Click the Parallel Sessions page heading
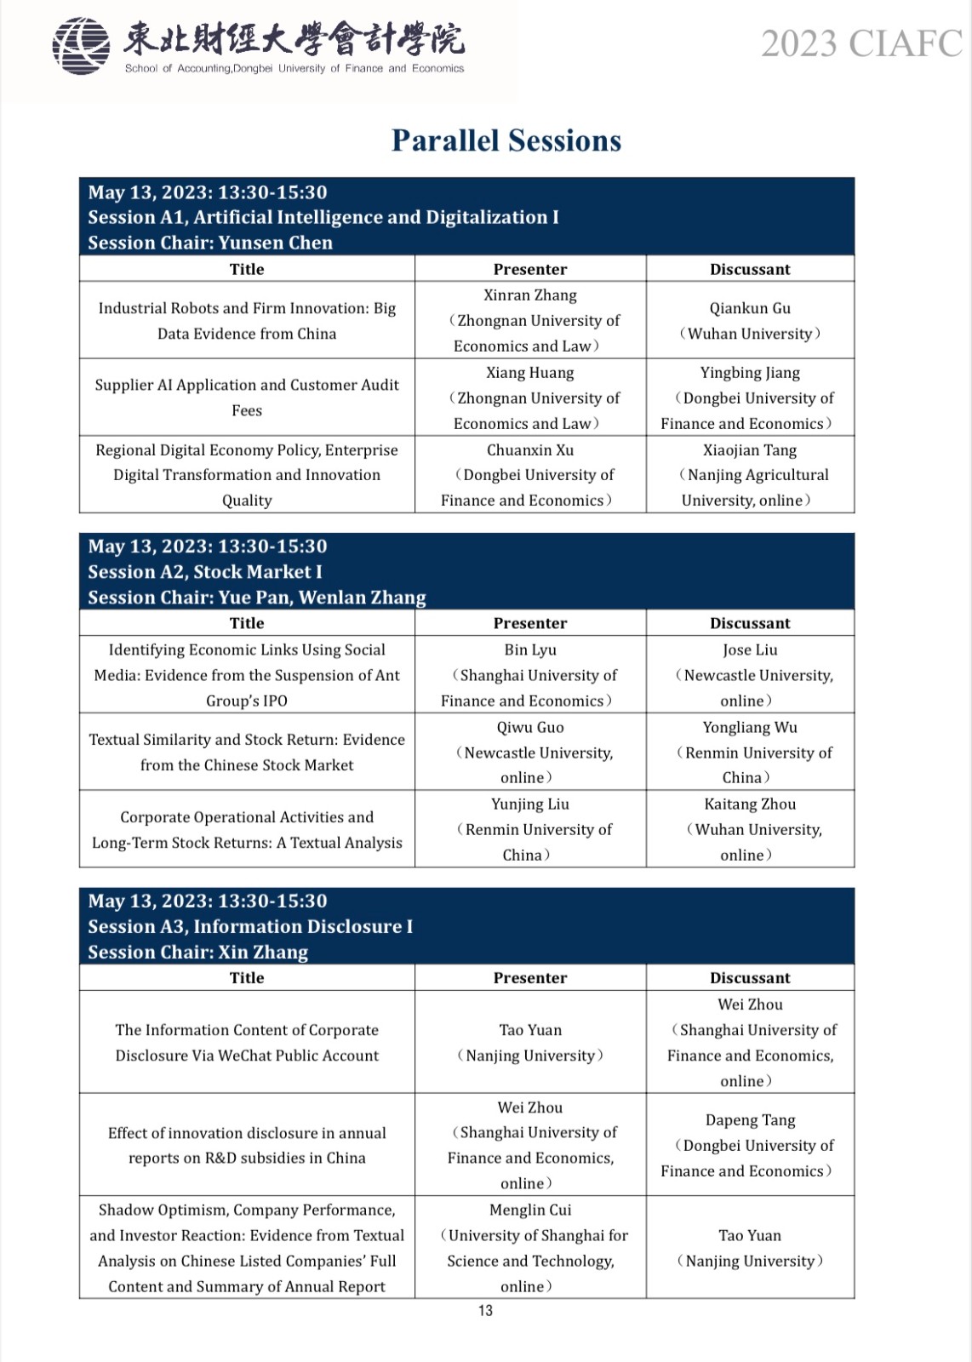click(506, 140)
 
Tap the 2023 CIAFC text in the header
click(861, 43)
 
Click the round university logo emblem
click(81, 46)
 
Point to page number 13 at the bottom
click(485, 1310)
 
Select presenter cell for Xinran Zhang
click(530, 320)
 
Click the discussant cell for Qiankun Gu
click(750, 320)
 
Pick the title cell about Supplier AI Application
click(247, 398)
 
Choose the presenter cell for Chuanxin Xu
click(530, 475)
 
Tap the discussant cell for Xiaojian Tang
click(750, 475)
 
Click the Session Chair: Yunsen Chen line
click(210, 243)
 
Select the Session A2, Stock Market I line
click(205, 572)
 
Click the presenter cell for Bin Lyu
click(530, 675)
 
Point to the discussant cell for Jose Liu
click(750, 675)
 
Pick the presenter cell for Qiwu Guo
click(530, 753)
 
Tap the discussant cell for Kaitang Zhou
click(750, 829)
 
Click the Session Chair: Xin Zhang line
click(198, 952)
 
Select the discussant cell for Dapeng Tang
click(750, 1145)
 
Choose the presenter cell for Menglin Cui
click(530, 1248)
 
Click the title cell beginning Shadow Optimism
click(247, 1248)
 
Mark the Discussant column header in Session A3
click(750, 978)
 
